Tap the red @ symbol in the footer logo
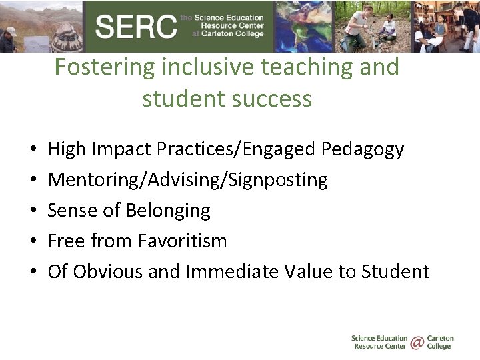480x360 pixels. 417,343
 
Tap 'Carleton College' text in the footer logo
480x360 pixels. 439,343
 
